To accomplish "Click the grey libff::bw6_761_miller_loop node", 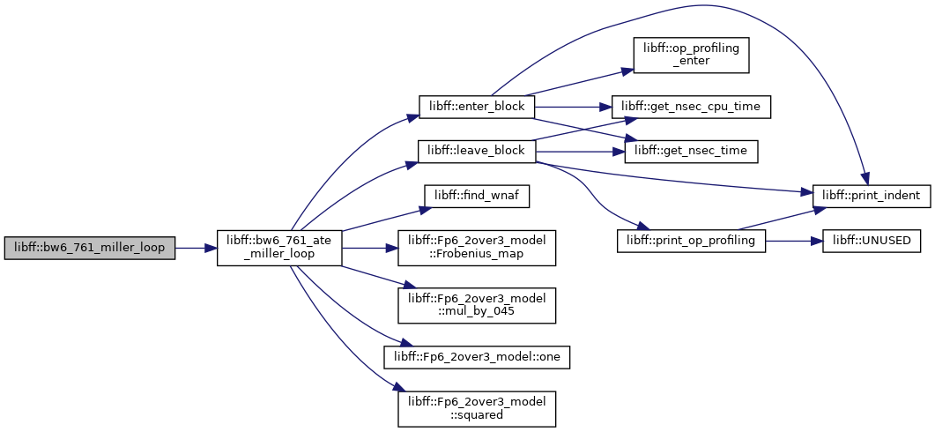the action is click(89, 248).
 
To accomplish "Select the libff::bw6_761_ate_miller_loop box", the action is click(279, 248).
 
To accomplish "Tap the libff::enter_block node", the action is click(477, 107).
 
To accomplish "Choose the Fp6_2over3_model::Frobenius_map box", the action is click(477, 248).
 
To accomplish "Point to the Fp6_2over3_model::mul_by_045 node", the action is click(477, 306).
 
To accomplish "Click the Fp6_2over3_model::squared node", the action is click(477, 409).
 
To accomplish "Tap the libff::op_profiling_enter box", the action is click(691, 56).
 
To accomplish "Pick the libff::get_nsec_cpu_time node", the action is click(691, 107).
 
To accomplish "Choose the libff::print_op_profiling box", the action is click(691, 241).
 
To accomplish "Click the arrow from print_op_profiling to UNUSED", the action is click(794, 241).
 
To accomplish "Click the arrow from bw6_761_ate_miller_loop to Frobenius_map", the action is click(370, 248).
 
